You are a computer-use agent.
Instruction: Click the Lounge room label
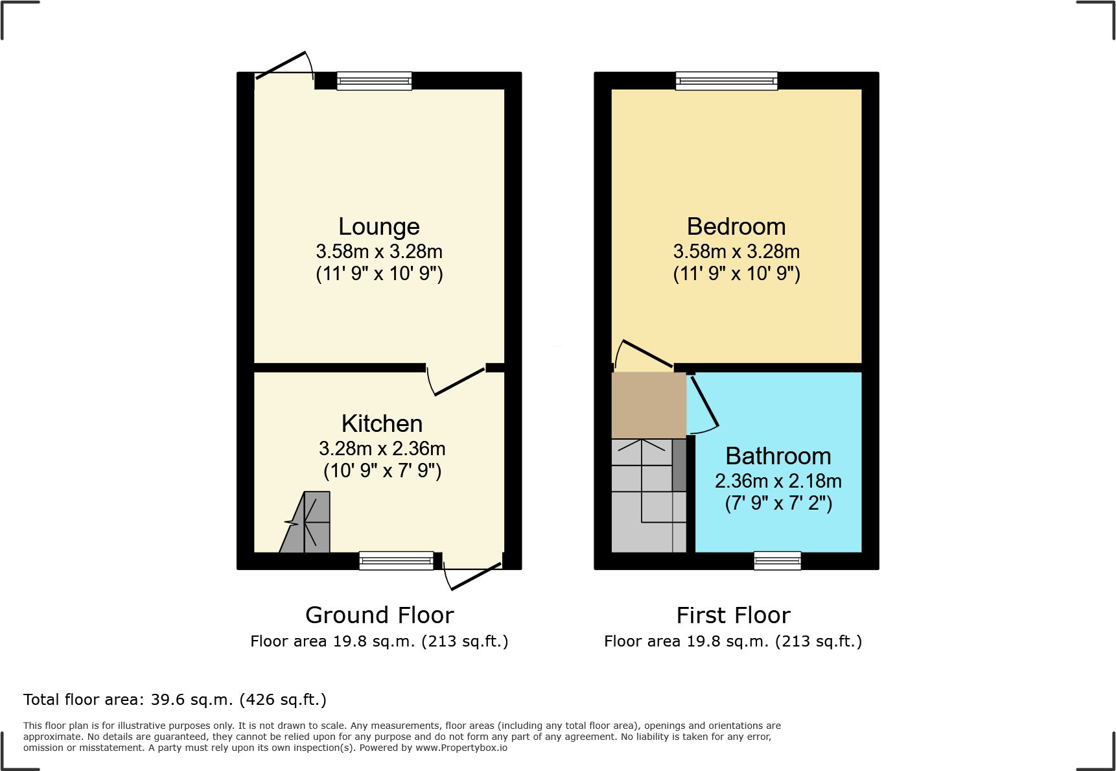coord(379,226)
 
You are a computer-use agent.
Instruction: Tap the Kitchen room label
coord(382,423)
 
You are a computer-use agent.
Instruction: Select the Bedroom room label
coord(736,226)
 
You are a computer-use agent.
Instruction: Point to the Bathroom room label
coord(778,456)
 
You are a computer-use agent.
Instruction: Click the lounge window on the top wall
coord(374,80)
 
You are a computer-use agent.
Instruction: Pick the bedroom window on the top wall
coord(727,80)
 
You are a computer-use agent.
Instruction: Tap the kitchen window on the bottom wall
coord(396,560)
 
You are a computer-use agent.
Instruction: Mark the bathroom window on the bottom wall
coord(777,560)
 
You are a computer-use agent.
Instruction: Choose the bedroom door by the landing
coord(644,354)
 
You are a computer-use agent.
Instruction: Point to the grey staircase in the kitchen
coord(305,522)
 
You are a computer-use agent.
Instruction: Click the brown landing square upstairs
coord(649,405)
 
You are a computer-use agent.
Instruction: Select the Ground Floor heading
coord(379,615)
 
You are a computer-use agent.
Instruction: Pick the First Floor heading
coord(733,615)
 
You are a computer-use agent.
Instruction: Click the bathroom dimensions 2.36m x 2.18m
coord(778,481)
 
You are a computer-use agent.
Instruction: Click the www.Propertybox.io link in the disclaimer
coord(461,748)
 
